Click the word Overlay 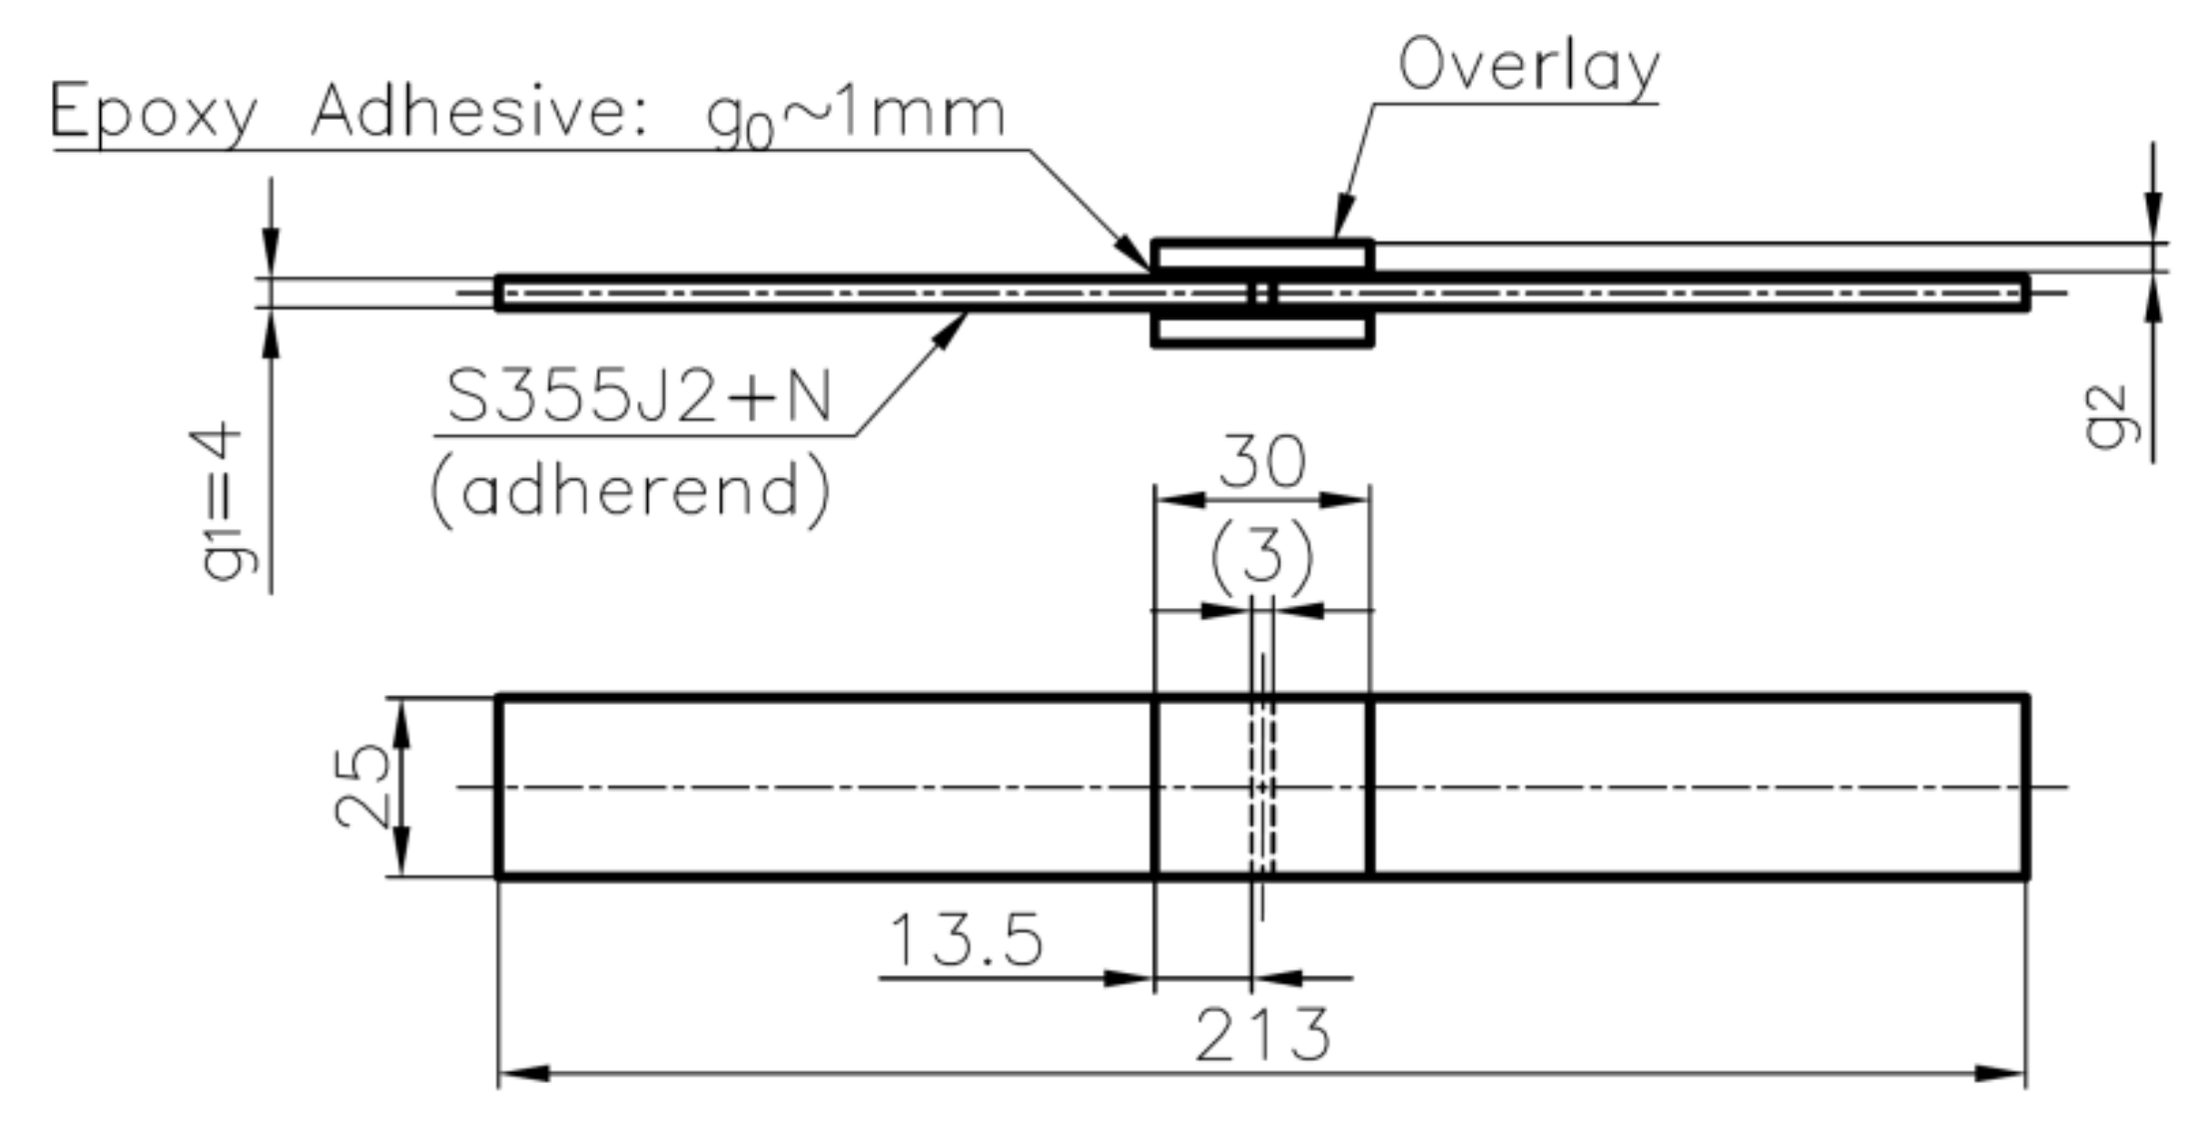[x=1528, y=66]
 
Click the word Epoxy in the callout [x=154, y=113]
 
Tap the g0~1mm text [x=855, y=116]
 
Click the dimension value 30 [x=1262, y=462]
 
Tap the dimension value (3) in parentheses [x=1262, y=555]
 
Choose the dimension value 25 [x=361, y=787]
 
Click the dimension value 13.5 [x=966, y=940]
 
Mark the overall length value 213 [x=1262, y=1035]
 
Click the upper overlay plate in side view [x=1262, y=256]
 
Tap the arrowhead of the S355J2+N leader [x=950, y=329]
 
